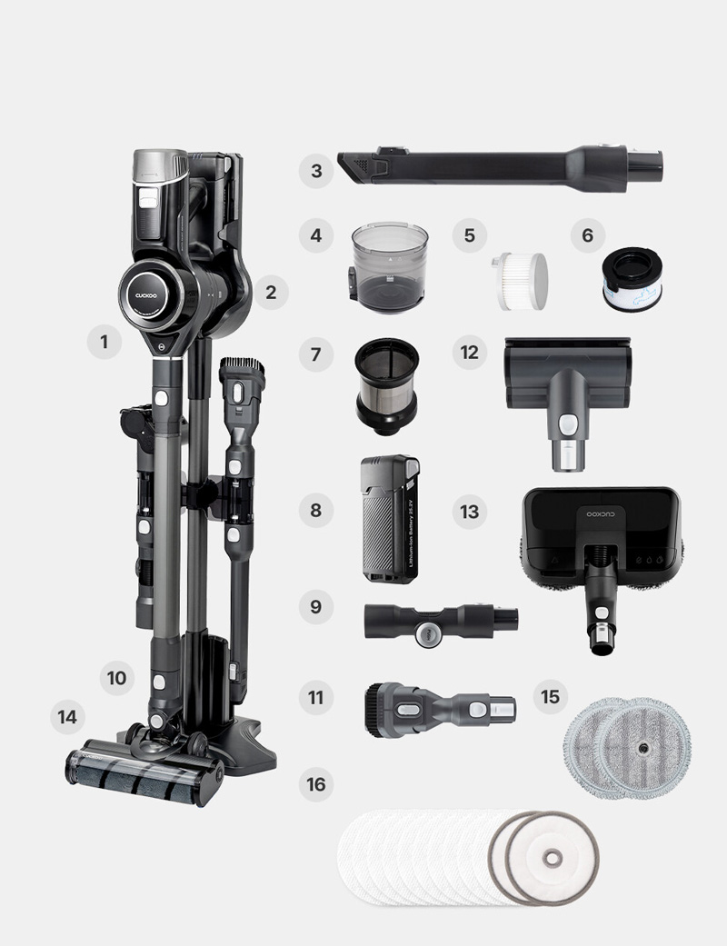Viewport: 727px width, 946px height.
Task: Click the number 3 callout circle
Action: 316,170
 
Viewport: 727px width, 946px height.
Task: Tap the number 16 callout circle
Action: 316,783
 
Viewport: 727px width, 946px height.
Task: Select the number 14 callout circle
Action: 67,717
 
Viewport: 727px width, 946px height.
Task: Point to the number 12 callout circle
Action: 469,352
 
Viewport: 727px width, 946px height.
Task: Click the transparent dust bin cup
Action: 390,266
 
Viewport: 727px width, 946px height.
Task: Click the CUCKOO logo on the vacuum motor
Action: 144,294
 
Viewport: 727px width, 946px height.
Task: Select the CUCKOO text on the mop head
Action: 599,514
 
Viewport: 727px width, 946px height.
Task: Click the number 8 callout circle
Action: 316,510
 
